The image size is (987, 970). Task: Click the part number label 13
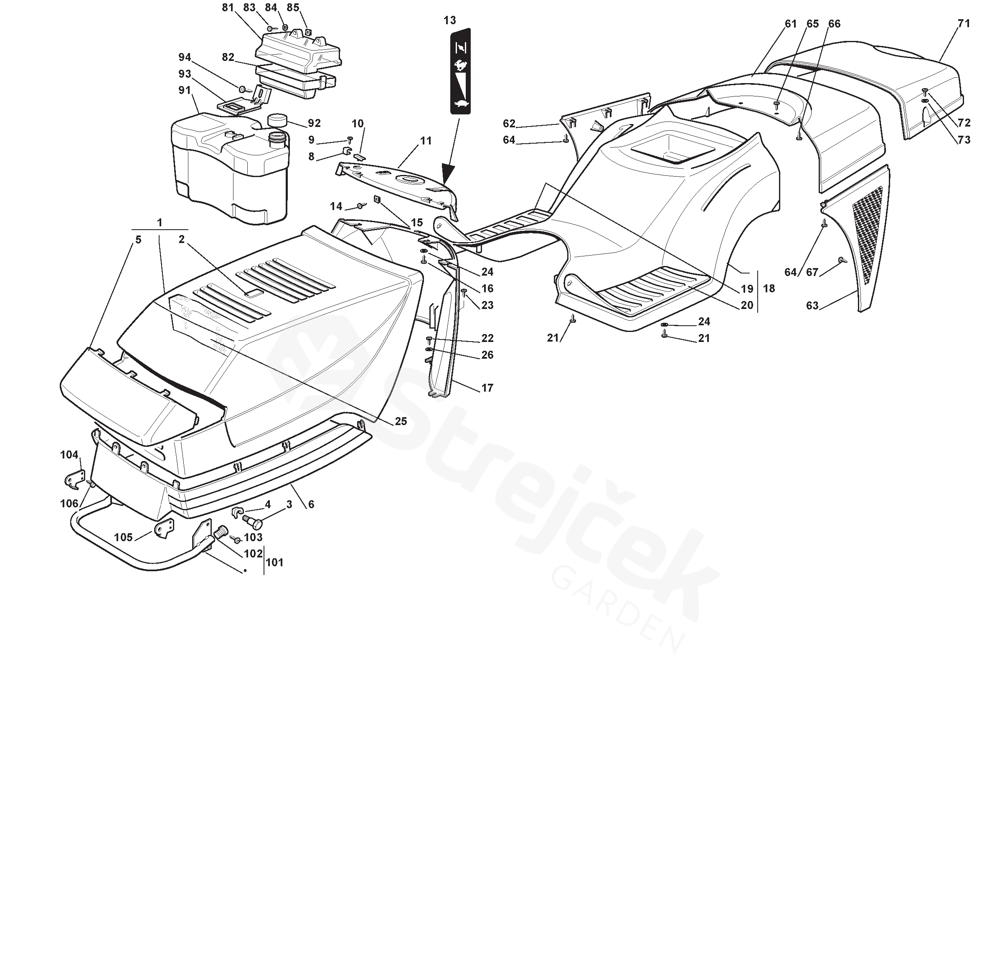449,20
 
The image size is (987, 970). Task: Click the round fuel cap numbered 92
277,121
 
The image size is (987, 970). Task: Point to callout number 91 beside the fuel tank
185,90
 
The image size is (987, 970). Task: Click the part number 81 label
228,8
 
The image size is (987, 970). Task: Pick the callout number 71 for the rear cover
964,23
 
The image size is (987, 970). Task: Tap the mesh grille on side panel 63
866,234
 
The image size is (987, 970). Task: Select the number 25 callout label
401,421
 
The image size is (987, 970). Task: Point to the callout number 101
275,562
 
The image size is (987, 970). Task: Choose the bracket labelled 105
164,529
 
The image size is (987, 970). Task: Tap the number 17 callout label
487,388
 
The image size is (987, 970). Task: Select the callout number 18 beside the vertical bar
769,289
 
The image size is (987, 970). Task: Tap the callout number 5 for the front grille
138,239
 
